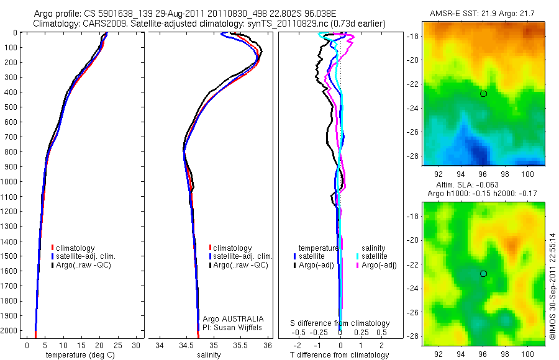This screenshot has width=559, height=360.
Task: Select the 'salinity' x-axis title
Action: (209, 355)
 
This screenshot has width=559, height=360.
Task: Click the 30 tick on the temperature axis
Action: (136, 345)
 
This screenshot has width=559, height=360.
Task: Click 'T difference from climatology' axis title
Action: (340, 355)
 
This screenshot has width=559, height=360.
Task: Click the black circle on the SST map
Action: (483, 94)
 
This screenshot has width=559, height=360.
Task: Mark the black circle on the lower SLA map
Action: (483, 274)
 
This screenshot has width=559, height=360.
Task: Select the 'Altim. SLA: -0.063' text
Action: (477, 185)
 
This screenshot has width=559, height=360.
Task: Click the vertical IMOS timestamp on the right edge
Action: (552, 285)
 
